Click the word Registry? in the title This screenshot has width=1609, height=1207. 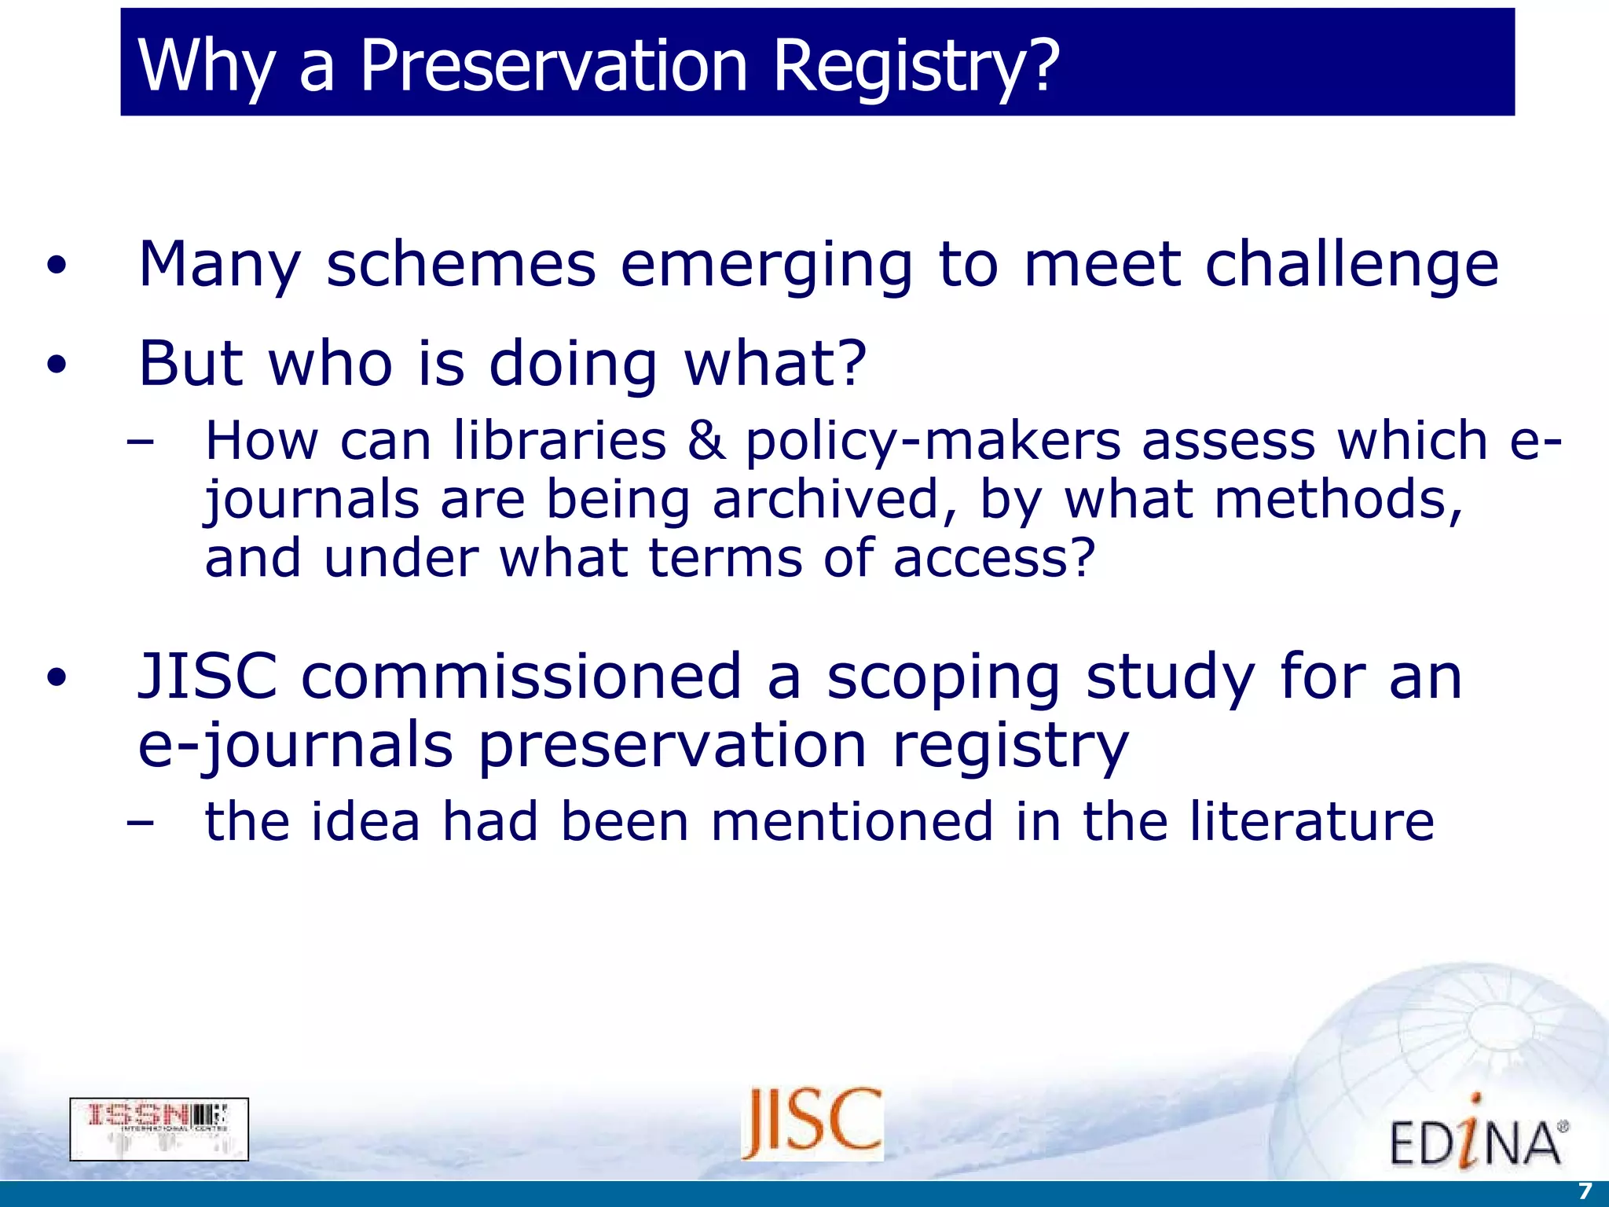coord(916,66)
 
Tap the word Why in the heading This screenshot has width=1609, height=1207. coord(206,66)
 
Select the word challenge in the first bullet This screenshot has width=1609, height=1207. coord(1351,265)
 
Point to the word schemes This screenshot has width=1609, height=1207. coord(461,265)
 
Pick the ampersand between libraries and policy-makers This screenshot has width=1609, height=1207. coord(706,441)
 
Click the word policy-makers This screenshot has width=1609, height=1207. coord(933,442)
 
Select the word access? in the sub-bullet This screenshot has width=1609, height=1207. coord(994,558)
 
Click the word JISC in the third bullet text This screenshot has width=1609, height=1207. coord(207,677)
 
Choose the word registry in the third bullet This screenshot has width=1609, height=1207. coord(1010,747)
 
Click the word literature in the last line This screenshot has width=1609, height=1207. coord(1311,822)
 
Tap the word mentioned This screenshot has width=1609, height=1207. coord(852,822)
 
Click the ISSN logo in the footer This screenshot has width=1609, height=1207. coord(159,1129)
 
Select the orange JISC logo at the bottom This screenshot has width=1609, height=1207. coord(812,1124)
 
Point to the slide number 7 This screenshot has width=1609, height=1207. coord(1585,1190)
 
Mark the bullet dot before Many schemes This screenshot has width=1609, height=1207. coord(57,266)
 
